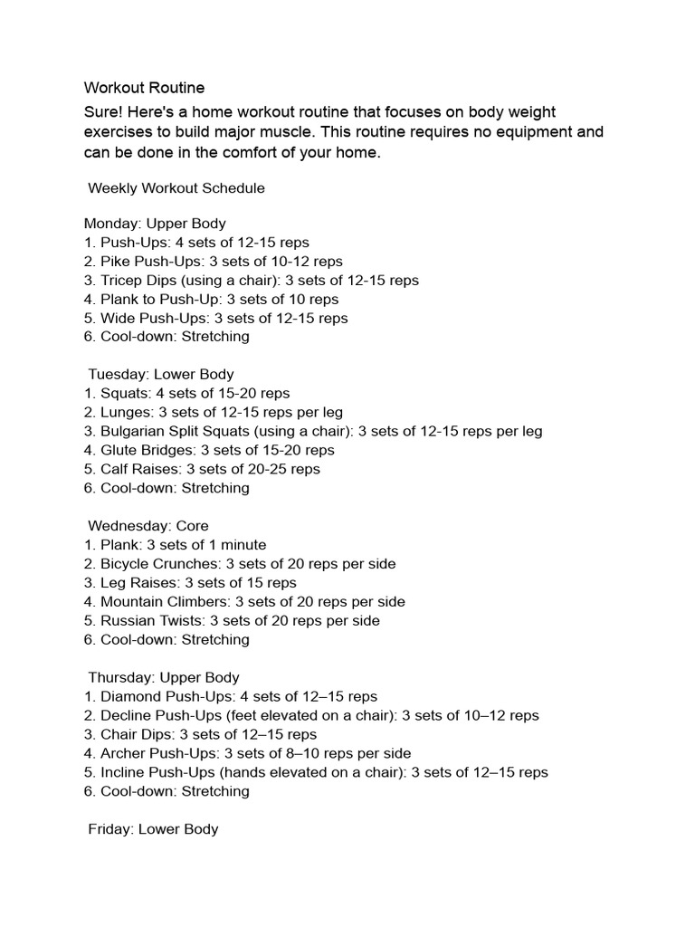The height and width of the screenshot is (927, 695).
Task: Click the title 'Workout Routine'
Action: coord(145,88)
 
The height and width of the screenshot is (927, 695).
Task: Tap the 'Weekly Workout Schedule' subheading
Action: coord(176,188)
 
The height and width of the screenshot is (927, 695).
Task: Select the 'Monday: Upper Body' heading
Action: coord(155,223)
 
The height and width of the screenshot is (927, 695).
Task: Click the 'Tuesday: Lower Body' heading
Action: coord(160,374)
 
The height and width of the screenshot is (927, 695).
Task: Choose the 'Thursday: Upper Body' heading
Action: coord(163,677)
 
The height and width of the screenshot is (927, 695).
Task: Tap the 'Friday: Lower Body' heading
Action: coord(152,828)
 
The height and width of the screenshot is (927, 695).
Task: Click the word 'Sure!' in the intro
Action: coord(104,111)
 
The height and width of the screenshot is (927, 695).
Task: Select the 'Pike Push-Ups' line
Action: coord(214,261)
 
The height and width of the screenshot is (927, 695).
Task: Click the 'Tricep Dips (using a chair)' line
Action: coord(252,280)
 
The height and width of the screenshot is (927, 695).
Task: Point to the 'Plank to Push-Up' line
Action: coord(212,299)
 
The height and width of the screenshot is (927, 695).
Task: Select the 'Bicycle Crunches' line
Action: coord(240,563)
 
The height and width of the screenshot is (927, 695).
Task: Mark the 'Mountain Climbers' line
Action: coord(244,601)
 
